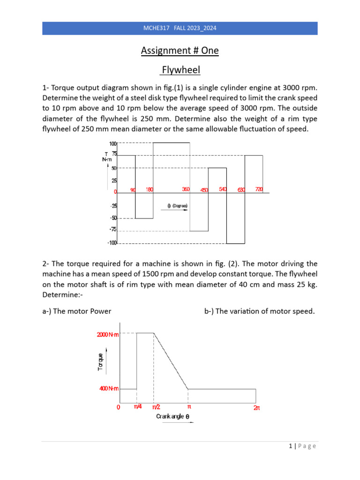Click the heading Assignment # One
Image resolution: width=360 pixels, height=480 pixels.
pos(180,51)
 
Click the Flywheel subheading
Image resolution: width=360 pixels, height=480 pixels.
pos(180,70)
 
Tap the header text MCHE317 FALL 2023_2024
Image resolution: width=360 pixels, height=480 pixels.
pos(180,29)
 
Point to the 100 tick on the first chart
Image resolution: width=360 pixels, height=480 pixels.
pos(113,144)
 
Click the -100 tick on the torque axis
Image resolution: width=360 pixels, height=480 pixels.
pos(112,243)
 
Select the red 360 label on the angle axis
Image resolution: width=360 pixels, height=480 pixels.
pos(186,189)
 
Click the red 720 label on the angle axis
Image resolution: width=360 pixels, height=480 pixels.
pos(259,189)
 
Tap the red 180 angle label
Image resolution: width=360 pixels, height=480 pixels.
pos(149,189)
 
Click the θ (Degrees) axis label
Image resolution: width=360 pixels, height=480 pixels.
pos(178,206)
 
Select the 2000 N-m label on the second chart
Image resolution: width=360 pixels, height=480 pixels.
pos(108,334)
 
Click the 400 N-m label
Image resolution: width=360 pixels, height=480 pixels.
pos(109,389)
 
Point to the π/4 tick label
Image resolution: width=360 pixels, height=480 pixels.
pos(138,407)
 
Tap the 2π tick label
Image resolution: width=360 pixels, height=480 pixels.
pos(256,408)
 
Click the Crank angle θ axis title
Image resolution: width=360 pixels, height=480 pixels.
pos(173,416)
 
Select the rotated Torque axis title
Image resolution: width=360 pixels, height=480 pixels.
pos(101,361)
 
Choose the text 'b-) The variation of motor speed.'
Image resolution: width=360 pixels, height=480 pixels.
pos(259,311)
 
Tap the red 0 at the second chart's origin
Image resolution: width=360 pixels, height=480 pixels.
pos(119,407)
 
